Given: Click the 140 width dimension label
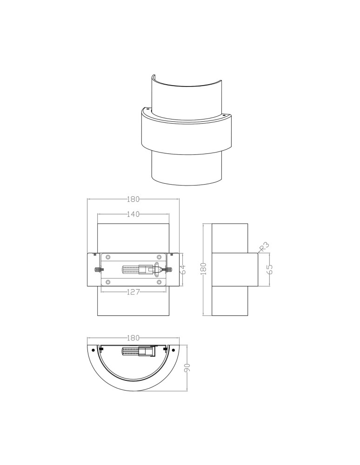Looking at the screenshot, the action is (x=133, y=214).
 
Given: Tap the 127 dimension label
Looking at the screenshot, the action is (x=133, y=292).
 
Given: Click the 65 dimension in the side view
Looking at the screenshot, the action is (x=270, y=269).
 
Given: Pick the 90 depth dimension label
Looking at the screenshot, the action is (x=187, y=367).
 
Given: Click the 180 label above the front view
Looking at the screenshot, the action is (x=133, y=199).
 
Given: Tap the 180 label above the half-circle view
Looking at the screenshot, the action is (x=133, y=338).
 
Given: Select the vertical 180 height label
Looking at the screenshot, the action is (x=203, y=269).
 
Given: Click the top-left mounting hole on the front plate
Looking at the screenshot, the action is (x=107, y=257).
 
